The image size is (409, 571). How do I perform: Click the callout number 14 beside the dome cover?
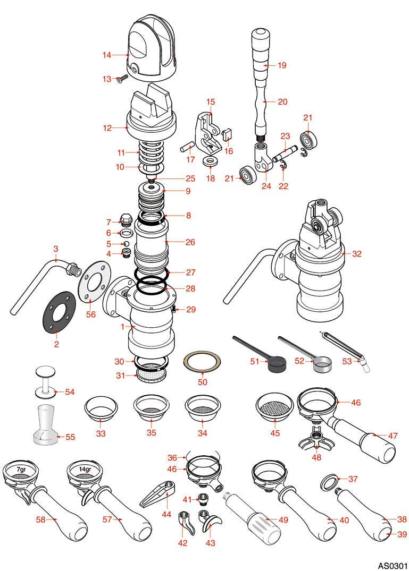(x=106, y=54)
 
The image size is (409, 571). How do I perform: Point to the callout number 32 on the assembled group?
(x=357, y=254)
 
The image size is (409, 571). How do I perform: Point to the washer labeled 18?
(x=211, y=161)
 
